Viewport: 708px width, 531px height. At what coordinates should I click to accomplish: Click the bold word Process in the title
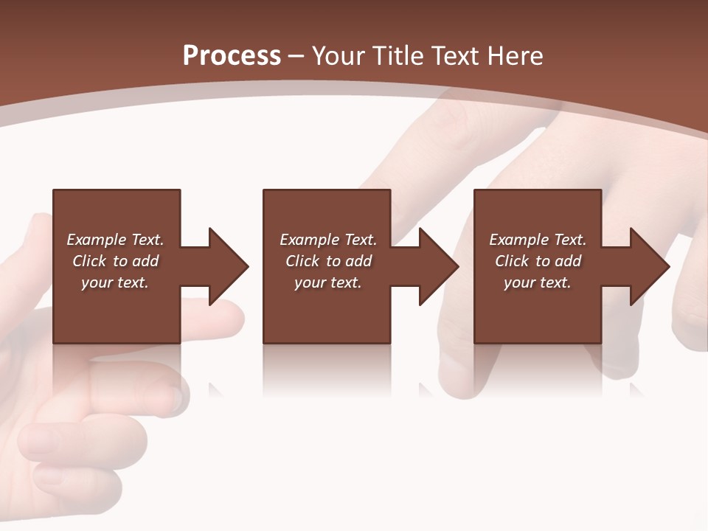232,55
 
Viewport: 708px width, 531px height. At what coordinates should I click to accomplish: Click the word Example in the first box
96,240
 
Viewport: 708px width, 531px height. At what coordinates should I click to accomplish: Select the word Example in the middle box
309,240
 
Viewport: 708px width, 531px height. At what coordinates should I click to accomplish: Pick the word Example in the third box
518,240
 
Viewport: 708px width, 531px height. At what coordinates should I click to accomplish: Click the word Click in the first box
89,261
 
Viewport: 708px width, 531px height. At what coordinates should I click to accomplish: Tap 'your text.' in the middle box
327,282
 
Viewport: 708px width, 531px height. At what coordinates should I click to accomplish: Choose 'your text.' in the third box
537,282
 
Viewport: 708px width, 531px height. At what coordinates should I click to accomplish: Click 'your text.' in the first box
114,282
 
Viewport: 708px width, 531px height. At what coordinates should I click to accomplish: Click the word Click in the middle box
302,261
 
